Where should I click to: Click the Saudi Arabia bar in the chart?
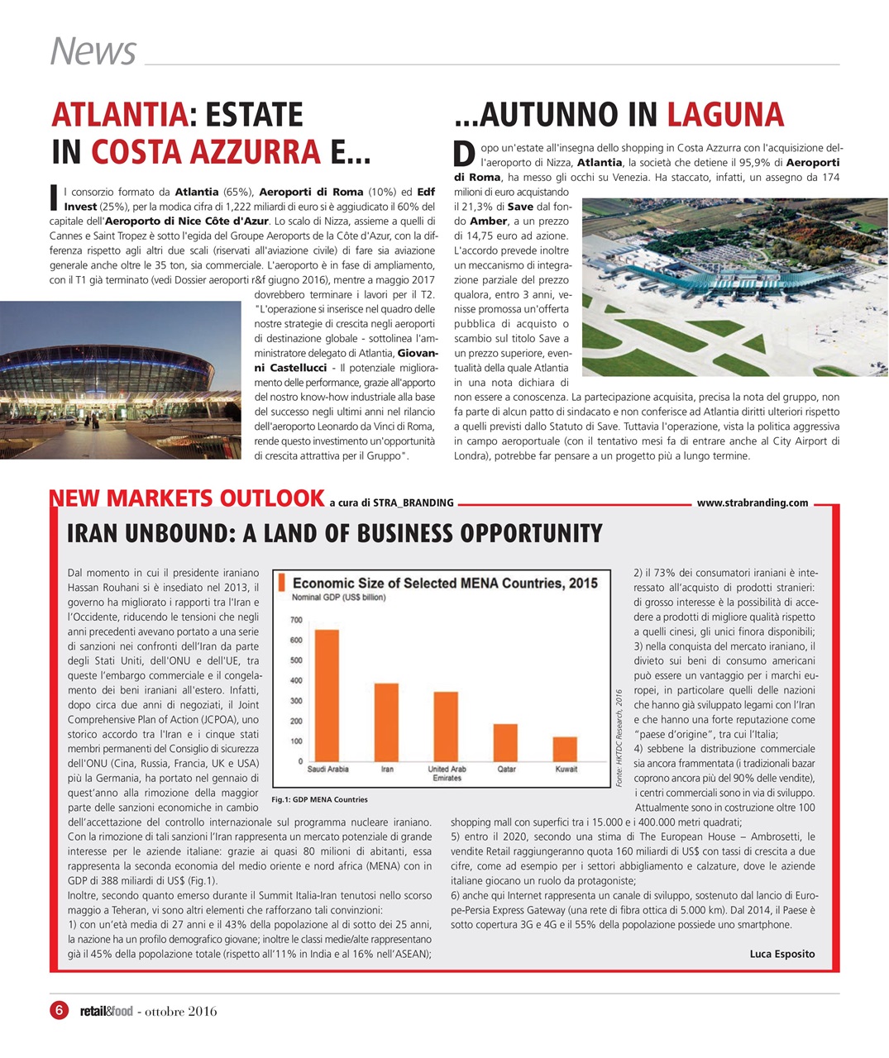point(327,695)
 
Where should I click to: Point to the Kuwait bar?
point(565,749)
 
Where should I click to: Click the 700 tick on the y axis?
point(296,620)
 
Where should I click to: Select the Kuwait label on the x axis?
point(566,770)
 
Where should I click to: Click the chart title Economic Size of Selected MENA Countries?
point(445,584)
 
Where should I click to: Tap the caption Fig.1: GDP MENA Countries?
point(319,799)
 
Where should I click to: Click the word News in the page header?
point(93,51)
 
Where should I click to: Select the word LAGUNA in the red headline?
point(724,115)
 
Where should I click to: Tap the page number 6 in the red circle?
point(59,1010)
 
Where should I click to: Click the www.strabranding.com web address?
point(753,503)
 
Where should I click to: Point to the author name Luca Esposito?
point(781,954)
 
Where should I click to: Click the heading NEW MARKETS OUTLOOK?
point(187,498)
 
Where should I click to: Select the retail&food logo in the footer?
point(106,1011)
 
